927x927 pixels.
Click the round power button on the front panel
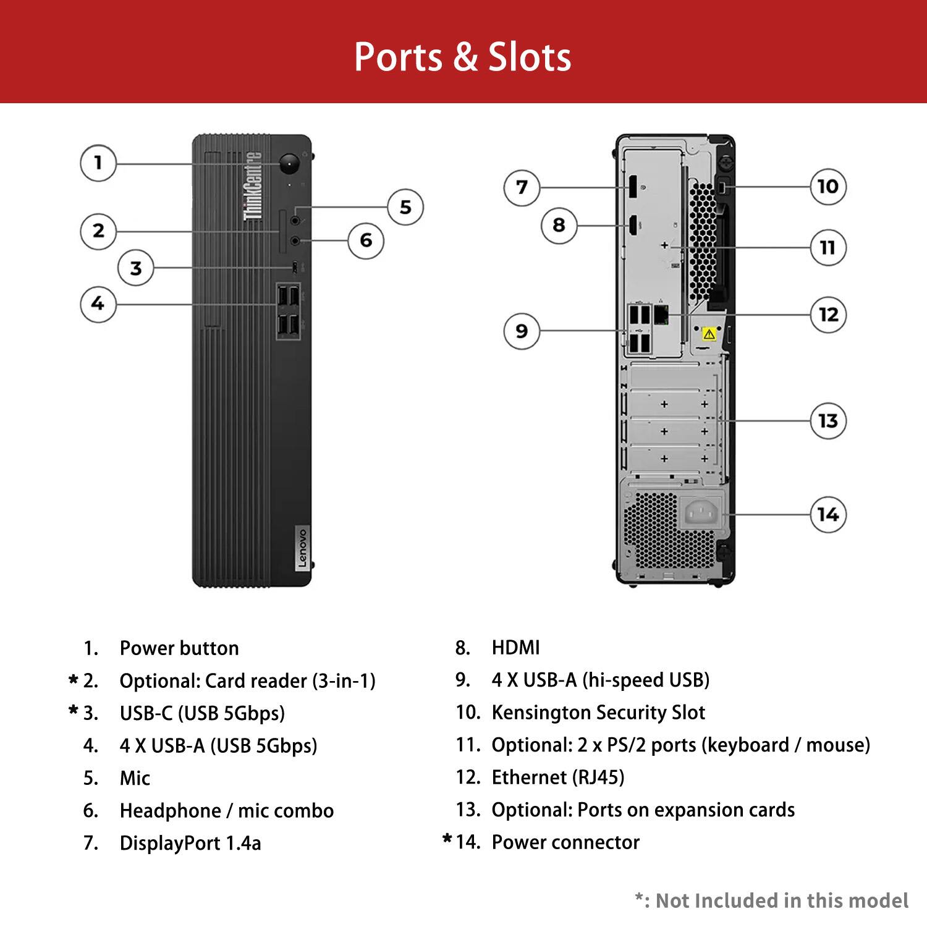[x=289, y=164]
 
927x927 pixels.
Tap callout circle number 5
[x=405, y=207]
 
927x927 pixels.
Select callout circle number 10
[x=828, y=186]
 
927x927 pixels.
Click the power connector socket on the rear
[x=701, y=513]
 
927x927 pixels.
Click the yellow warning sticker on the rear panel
[x=709, y=334]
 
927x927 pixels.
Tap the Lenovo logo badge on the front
[x=302, y=548]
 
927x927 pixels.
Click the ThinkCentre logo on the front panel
[x=253, y=185]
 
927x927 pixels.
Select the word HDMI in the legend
[x=515, y=648]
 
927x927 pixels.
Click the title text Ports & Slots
[x=462, y=57]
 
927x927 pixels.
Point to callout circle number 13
[x=828, y=421]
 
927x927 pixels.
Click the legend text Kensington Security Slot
[x=598, y=713]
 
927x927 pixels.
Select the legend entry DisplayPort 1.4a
[x=190, y=843]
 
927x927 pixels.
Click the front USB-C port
[x=295, y=267]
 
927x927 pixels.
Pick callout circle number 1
[x=98, y=163]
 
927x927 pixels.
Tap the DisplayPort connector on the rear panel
[x=633, y=187]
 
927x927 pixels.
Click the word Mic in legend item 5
[x=135, y=778]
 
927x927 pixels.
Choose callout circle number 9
[x=522, y=331]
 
